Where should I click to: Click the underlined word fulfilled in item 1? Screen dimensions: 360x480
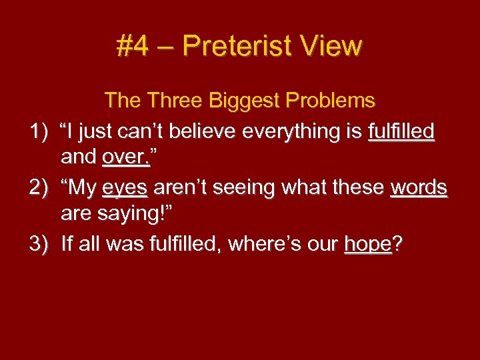pyautogui.click(x=401, y=131)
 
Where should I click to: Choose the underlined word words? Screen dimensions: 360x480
pyautogui.click(x=419, y=188)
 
